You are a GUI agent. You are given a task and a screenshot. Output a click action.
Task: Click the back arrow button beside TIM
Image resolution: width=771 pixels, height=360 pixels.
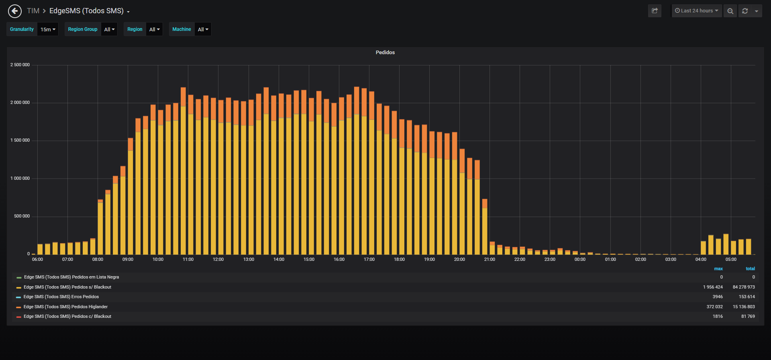[x=15, y=11]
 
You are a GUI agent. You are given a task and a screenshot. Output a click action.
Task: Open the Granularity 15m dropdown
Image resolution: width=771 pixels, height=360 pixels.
[x=48, y=29]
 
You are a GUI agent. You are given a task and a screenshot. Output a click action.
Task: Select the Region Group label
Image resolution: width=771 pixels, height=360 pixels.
[x=83, y=29]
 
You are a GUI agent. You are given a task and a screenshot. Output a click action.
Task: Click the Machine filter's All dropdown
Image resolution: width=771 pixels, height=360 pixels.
[x=203, y=29]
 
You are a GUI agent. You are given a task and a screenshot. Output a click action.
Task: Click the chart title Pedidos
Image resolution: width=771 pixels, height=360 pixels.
[x=385, y=53]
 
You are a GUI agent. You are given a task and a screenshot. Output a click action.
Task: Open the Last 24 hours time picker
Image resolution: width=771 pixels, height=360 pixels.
[x=697, y=11]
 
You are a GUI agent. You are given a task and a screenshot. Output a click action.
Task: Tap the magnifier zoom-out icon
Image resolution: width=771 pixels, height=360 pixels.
[x=730, y=11]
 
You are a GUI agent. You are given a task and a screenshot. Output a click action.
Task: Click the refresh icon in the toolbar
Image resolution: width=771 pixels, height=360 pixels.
[x=745, y=11]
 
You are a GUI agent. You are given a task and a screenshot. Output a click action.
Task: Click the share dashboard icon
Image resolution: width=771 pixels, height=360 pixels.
[x=655, y=11]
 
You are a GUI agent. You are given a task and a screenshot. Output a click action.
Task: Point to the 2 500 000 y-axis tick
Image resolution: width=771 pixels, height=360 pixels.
[x=20, y=65]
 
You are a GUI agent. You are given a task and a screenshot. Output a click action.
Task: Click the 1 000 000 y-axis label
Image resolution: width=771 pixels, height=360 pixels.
[x=20, y=179]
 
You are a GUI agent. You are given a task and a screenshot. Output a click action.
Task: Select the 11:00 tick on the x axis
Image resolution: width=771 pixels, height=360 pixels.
[x=188, y=260]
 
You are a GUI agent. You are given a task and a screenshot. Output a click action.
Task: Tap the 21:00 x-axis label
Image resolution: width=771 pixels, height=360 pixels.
[x=490, y=260]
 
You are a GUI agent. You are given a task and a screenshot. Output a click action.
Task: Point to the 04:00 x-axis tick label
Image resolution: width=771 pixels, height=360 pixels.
[x=701, y=260]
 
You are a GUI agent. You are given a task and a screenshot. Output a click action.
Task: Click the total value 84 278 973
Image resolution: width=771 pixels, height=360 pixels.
[x=744, y=287]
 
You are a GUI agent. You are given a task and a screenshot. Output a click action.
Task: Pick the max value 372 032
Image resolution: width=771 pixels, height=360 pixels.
[x=715, y=307]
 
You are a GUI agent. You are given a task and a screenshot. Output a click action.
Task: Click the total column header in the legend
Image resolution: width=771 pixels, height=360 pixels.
[x=750, y=269]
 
